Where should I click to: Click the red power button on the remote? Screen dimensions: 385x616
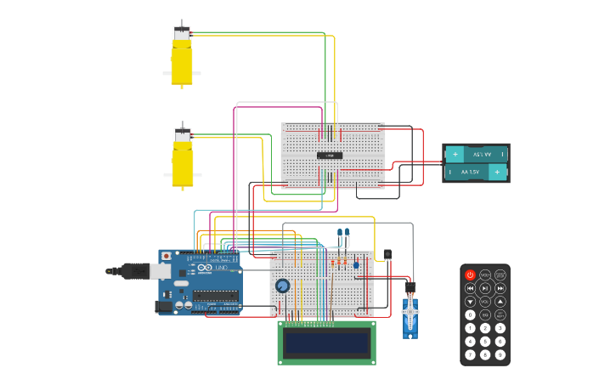(470, 275)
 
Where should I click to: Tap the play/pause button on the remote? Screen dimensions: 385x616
(485, 288)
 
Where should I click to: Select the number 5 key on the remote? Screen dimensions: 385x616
(485, 341)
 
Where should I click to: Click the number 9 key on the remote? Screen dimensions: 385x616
(500, 354)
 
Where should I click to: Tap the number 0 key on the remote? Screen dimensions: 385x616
(470, 314)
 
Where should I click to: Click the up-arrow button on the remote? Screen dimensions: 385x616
(500, 302)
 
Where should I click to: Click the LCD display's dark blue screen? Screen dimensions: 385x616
(327, 343)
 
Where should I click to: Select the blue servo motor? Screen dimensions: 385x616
(410, 314)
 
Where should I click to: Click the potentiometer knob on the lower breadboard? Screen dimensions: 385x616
(282, 286)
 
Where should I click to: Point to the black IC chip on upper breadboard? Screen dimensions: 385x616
(330, 155)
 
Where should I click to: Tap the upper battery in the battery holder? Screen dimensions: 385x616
(476, 154)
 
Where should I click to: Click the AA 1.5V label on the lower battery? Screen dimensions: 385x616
(470, 172)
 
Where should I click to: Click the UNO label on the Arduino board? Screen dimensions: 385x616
(222, 269)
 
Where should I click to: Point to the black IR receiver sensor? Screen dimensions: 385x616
(387, 254)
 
